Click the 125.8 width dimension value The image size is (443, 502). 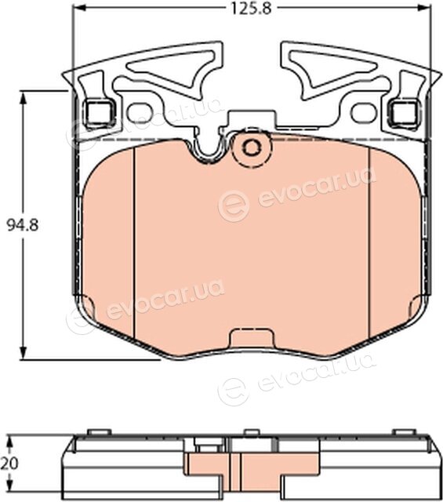click(251, 9)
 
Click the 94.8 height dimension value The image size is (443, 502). click(23, 225)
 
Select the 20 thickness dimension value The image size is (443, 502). click(9, 464)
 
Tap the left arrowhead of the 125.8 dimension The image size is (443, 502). click(80, 9)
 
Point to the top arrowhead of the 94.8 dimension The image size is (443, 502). click(23, 97)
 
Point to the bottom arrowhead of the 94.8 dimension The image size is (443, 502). click(23, 353)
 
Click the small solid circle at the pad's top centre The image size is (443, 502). click(252, 147)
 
